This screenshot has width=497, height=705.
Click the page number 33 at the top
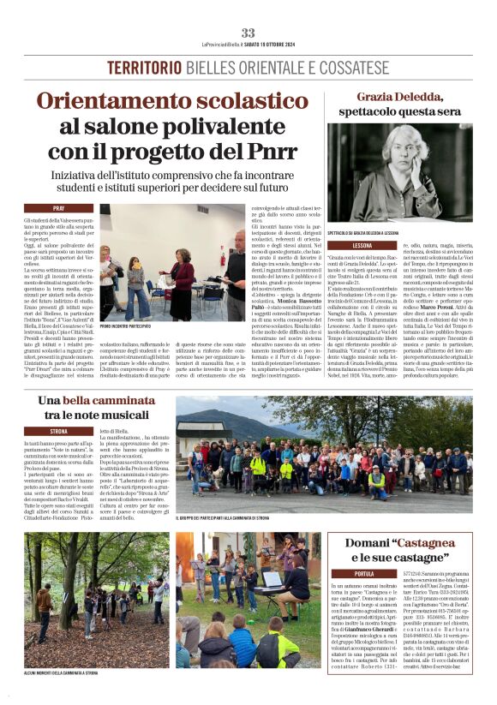click(248, 33)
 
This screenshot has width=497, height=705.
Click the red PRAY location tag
click(59, 208)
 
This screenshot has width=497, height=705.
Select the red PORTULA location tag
click(363, 573)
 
